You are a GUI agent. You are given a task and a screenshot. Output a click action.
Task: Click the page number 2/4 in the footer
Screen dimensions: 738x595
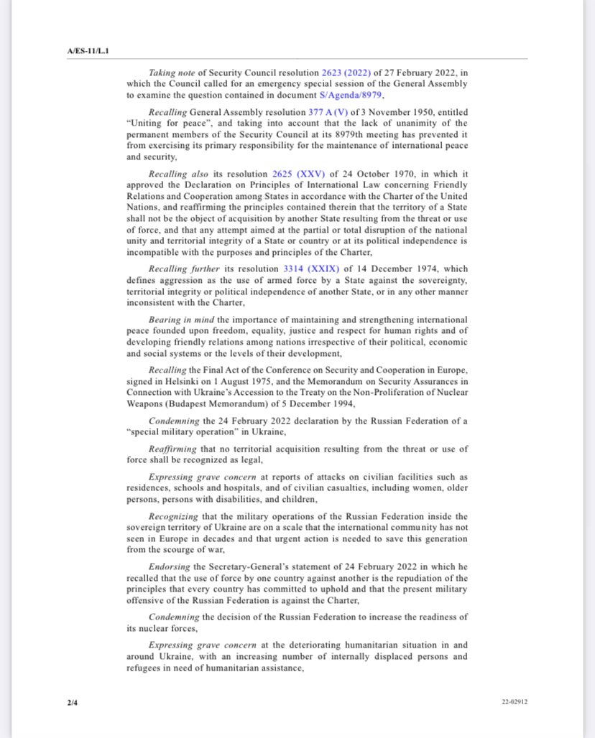72,701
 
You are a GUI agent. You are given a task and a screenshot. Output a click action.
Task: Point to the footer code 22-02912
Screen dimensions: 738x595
515,701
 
